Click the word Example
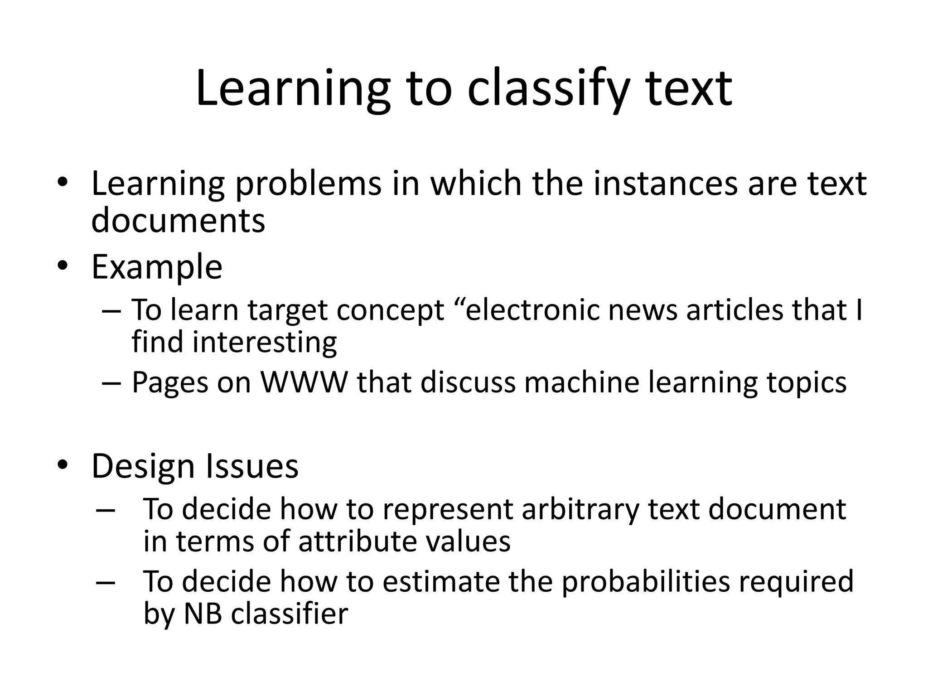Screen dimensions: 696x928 pos(157,267)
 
